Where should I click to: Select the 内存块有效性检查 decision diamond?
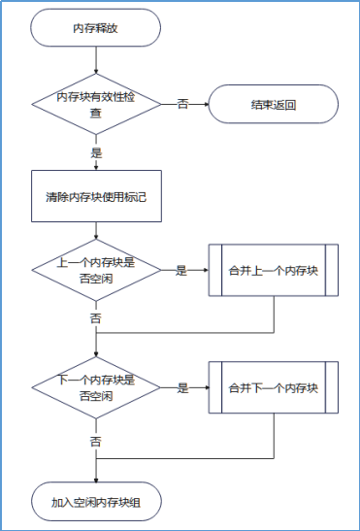(96, 105)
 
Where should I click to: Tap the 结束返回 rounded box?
(274, 105)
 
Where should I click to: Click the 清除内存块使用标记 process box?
(96, 197)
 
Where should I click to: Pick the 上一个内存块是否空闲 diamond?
(96, 270)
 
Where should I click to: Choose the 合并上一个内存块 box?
(274, 270)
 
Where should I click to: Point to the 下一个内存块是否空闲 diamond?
(96, 388)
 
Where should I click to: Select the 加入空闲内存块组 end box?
(96, 502)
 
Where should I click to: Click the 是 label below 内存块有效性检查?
(96, 153)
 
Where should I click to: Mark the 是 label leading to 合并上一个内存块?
(180, 271)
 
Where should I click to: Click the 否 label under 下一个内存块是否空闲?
(96, 441)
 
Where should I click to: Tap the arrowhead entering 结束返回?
(206, 105)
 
